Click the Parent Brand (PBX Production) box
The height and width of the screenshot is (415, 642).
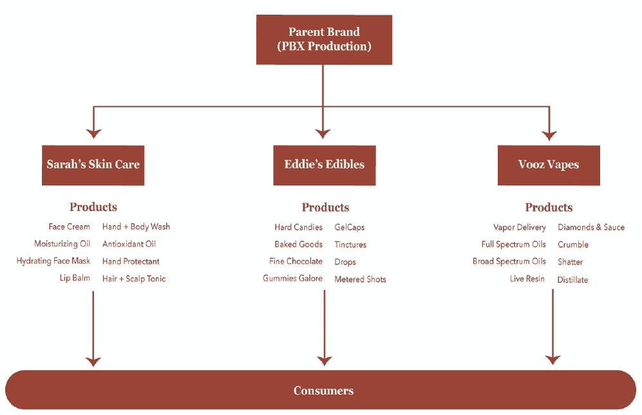pos(324,39)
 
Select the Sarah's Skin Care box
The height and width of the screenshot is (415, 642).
pos(93,165)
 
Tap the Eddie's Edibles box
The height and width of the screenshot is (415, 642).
pos(324,165)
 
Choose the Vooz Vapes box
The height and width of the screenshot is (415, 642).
pos(549,165)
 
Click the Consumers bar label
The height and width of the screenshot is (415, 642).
pos(323,391)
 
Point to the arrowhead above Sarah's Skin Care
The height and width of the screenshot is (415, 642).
pos(94,133)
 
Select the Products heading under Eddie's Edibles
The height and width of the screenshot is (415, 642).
pos(325,207)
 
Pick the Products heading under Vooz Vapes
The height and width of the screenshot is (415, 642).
pos(549,207)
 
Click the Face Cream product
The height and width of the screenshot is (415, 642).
pos(69,226)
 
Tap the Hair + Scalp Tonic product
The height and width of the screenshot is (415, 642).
pos(134,279)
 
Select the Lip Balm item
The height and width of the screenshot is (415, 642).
pos(75,279)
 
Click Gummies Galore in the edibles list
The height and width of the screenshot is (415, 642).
pos(292,279)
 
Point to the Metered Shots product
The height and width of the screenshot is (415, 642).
pos(360,279)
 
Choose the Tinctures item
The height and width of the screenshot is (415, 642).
pos(350,244)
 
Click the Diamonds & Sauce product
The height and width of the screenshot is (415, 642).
pos(591,227)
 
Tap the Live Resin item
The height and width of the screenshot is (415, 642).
pos(527,279)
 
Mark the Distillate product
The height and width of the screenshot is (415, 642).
pos(572,280)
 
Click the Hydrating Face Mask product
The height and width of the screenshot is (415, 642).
pos(53,261)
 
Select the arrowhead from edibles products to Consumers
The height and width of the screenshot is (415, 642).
pos(324,360)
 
